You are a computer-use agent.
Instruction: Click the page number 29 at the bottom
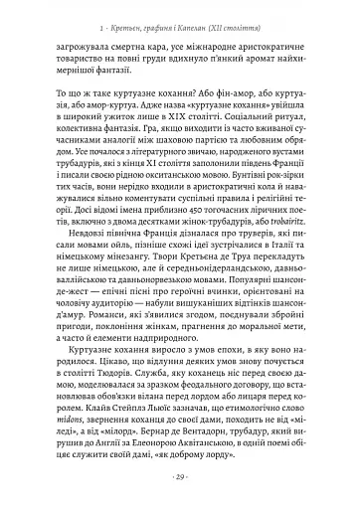click(x=180, y=478)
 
